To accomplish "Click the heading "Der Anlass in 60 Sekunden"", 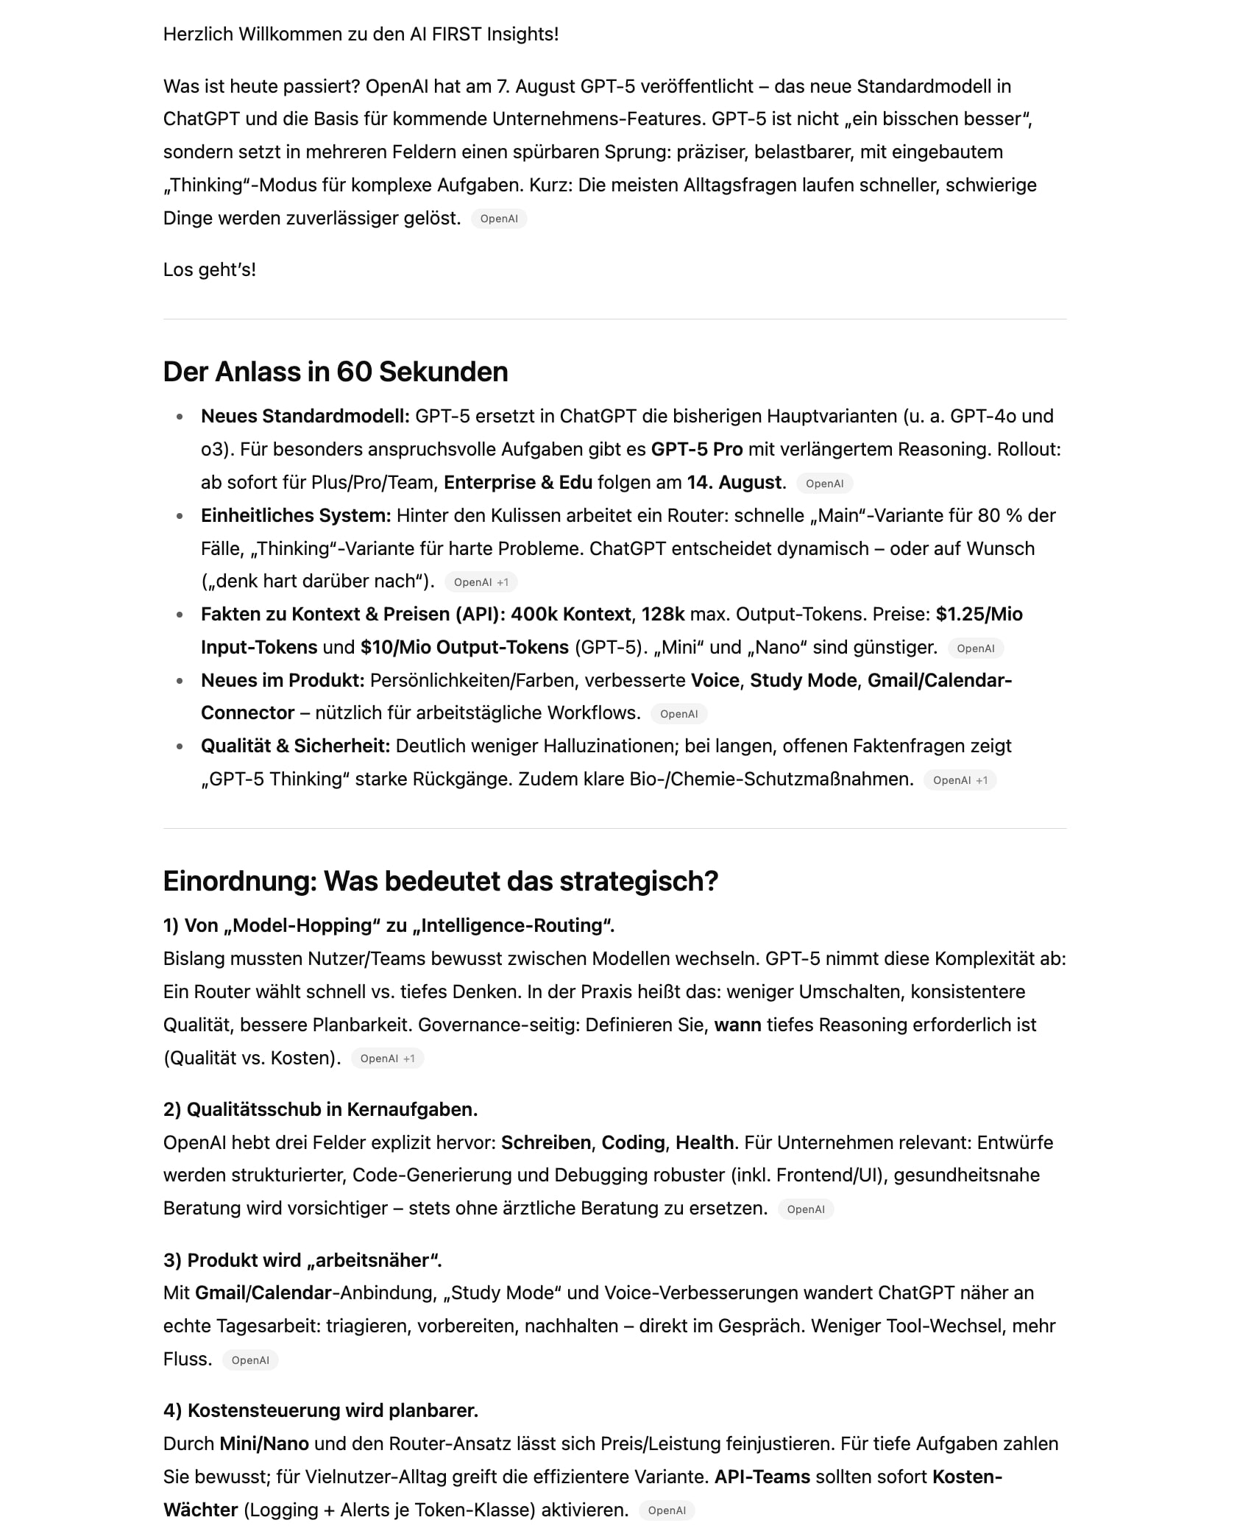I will [335, 372].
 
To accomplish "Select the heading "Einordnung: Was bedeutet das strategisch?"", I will [440, 881].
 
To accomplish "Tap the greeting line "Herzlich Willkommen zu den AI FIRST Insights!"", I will [361, 35].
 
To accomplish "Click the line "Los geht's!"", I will [210, 270].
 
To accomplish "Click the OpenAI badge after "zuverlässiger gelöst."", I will [499, 219].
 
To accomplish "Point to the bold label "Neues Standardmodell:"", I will [305, 417].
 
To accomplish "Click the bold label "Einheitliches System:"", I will [296, 516].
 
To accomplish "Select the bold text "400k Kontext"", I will [570, 615].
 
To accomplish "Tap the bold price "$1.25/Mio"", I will [979, 615].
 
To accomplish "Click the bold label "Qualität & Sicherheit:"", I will [295, 746].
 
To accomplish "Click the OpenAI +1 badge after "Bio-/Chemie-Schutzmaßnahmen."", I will [960, 780].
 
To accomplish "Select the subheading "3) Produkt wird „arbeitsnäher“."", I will [302, 1261].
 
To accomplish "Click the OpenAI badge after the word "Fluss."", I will [250, 1360].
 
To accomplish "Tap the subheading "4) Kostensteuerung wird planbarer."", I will [320, 1411].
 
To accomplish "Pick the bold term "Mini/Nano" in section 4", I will [264, 1444].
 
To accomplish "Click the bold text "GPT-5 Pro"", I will [696, 450].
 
